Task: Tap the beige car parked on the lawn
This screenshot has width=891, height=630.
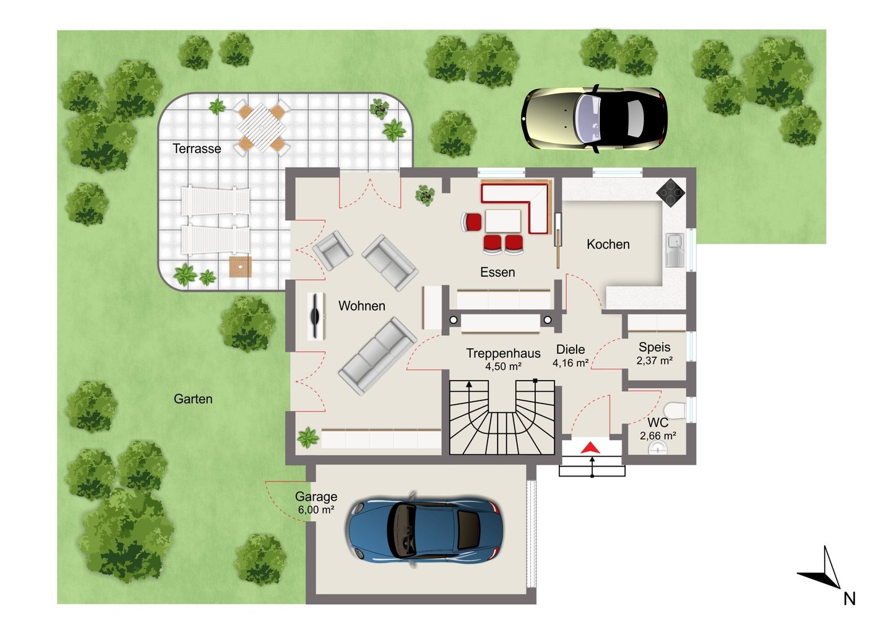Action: click(594, 119)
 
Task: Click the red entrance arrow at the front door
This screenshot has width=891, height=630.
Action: click(590, 448)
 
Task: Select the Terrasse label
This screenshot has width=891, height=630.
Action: click(197, 149)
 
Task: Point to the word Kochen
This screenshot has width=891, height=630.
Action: click(608, 244)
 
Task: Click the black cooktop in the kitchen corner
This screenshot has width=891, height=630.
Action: click(671, 193)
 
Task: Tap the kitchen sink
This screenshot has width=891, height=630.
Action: click(675, 250)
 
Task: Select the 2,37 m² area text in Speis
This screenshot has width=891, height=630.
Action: click(655, 361)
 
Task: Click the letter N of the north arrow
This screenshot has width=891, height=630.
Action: click(850, 599)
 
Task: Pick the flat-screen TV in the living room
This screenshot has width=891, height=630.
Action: click(316, 316)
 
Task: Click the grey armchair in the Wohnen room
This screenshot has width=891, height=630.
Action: click(332, 251)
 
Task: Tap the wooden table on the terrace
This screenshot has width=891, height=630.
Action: click(261, 127)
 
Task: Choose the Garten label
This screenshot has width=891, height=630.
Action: click(193, 399)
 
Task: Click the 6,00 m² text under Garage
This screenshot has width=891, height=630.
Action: click(316, 509)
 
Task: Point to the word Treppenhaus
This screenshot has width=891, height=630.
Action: click(503, 353)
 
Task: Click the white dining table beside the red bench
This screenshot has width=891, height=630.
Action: click(503, 221)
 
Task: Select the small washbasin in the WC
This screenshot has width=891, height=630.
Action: click(658, 448)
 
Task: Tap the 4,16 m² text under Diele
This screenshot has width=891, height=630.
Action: click(570, 363)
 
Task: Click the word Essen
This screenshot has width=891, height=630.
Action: click(497, 272)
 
